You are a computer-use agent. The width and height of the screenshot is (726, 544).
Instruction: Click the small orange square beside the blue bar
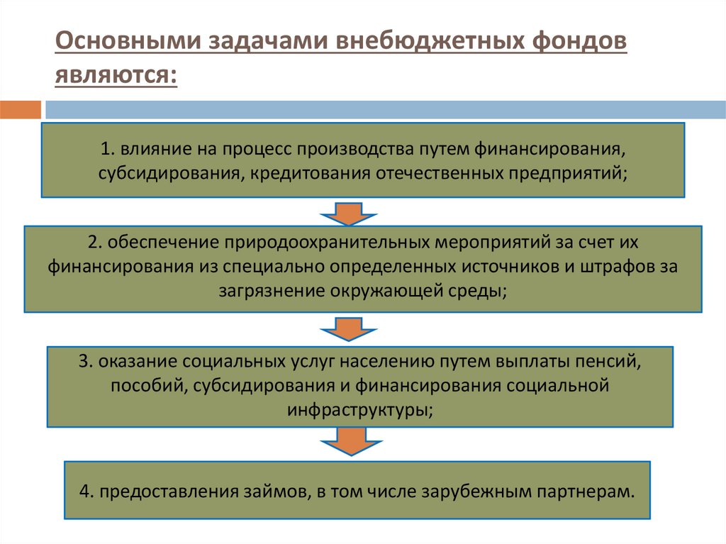21,110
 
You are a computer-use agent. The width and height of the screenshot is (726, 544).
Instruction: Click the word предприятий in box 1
566,172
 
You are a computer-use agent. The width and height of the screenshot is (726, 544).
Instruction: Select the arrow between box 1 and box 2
349,212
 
